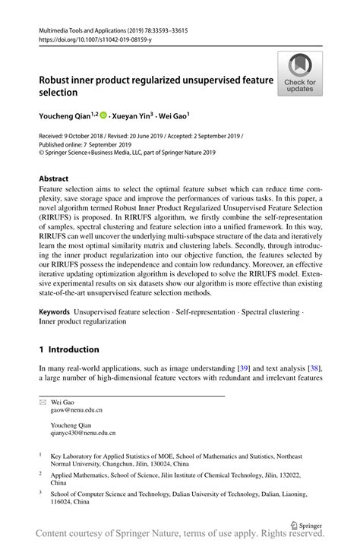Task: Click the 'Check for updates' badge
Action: (x=299, y=73)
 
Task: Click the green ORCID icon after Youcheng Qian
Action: (x=103, y=116)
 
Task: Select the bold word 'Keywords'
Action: (x=54, y=312)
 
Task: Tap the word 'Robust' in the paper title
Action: (x=58, y=79)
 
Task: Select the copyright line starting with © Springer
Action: (x=128, y=152)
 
